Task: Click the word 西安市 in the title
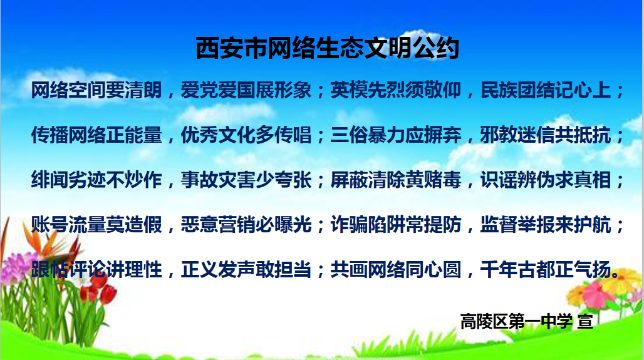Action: (231, 48)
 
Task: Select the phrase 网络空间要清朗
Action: (96, 90)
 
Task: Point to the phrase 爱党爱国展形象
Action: (246, 90)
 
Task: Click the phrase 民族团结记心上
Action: (546, 90)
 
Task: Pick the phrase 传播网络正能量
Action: (96, 135)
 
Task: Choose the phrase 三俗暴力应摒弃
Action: (396, 135)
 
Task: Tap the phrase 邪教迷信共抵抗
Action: (546, 135)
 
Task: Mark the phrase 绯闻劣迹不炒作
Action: (96, 180)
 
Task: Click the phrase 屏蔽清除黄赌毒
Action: (396, 180)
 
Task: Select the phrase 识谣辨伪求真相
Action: (546, 180)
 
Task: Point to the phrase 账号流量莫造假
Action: (96, 225)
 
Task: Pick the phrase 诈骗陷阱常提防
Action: (396, 225)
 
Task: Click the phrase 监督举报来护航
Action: (546, 225)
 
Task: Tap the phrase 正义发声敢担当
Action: (246, 270)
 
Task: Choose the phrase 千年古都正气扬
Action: (546, 270)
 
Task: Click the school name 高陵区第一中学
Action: (516, 321)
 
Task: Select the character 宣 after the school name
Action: (585, 321)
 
